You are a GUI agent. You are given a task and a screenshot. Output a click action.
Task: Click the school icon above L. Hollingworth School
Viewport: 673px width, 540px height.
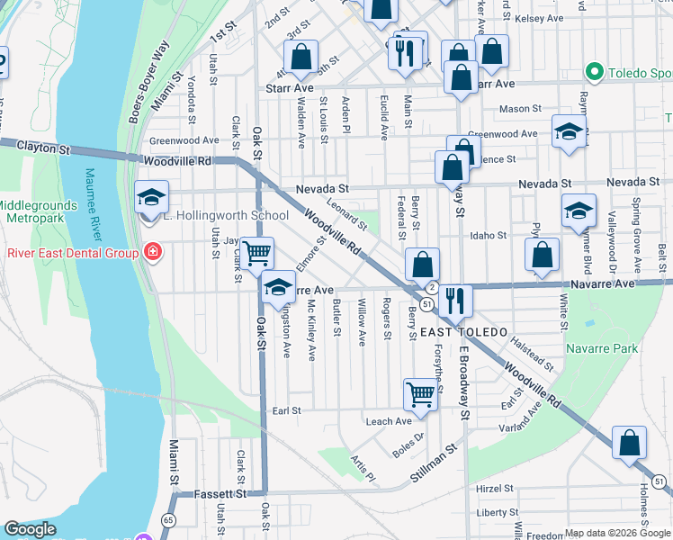click(x=150, y=197)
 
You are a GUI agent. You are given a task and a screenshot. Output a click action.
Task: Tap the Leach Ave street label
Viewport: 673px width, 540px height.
click(x=388, y=421)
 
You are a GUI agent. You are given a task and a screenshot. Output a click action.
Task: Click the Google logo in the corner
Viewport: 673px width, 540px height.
click(x=30, y=529)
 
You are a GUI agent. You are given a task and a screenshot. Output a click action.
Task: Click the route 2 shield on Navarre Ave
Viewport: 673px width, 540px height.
click(x=432, y=287)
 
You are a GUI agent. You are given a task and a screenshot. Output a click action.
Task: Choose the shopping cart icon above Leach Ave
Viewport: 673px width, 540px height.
click(x=420, y=392)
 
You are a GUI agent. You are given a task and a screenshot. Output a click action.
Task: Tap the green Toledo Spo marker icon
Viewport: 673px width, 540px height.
click(x=593, y=70)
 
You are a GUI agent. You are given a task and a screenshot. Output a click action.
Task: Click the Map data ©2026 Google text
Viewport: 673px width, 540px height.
click(x=617, y=532)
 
